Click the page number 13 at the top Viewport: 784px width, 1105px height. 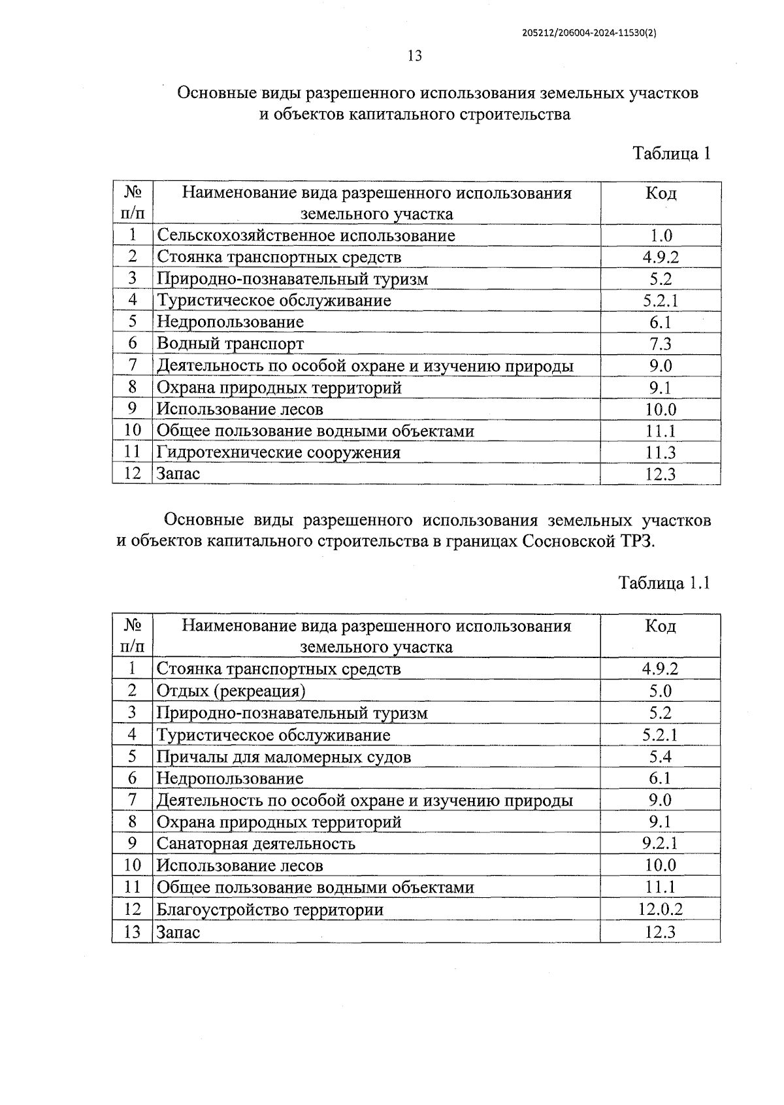click(415, 56)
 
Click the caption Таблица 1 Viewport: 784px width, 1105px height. click(671, 154)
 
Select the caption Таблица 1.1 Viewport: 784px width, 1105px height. click(664, 583)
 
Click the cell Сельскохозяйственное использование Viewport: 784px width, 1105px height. click(306, 235)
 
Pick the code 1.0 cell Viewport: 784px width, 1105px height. click(660, 236)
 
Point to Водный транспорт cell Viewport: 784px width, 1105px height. click(230, 344)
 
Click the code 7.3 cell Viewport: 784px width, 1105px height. click(660, 344)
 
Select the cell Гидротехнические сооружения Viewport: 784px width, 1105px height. click(278, 452)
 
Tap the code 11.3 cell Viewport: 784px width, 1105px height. click(660, 453)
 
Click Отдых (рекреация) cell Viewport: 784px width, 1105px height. click(231, 691)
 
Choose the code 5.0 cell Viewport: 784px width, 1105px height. click(660, 691)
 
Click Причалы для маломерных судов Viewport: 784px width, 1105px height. click(284, 757)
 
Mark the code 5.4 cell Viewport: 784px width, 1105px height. click(660, 757)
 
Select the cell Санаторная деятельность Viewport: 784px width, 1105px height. click(255, 844)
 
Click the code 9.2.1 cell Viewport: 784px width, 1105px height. click(660, 844)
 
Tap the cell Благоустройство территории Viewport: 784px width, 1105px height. click(270, 910)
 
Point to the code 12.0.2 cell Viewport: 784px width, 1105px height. click(660, 910)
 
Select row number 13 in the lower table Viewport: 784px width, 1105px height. click(132, 932)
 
